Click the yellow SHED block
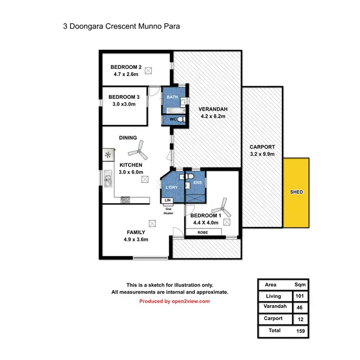pyautogui.click(x=297, y=192)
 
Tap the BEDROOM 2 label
pyautogui.click(x=126, y=67)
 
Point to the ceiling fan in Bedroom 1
pyautogui.click(x=220, y=208)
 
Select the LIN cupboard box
pyautogui.click(x=168, y=200)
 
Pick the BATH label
pyautogui.click(x=172, y=97)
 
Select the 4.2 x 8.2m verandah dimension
pyautogui.click(x=212, y=116)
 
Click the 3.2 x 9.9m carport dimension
pyautogui.click(x=262, y=155)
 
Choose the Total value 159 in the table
pyautogui.click(x=301, y=331)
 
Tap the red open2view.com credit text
pyautogui.click(x=175, y=301)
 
